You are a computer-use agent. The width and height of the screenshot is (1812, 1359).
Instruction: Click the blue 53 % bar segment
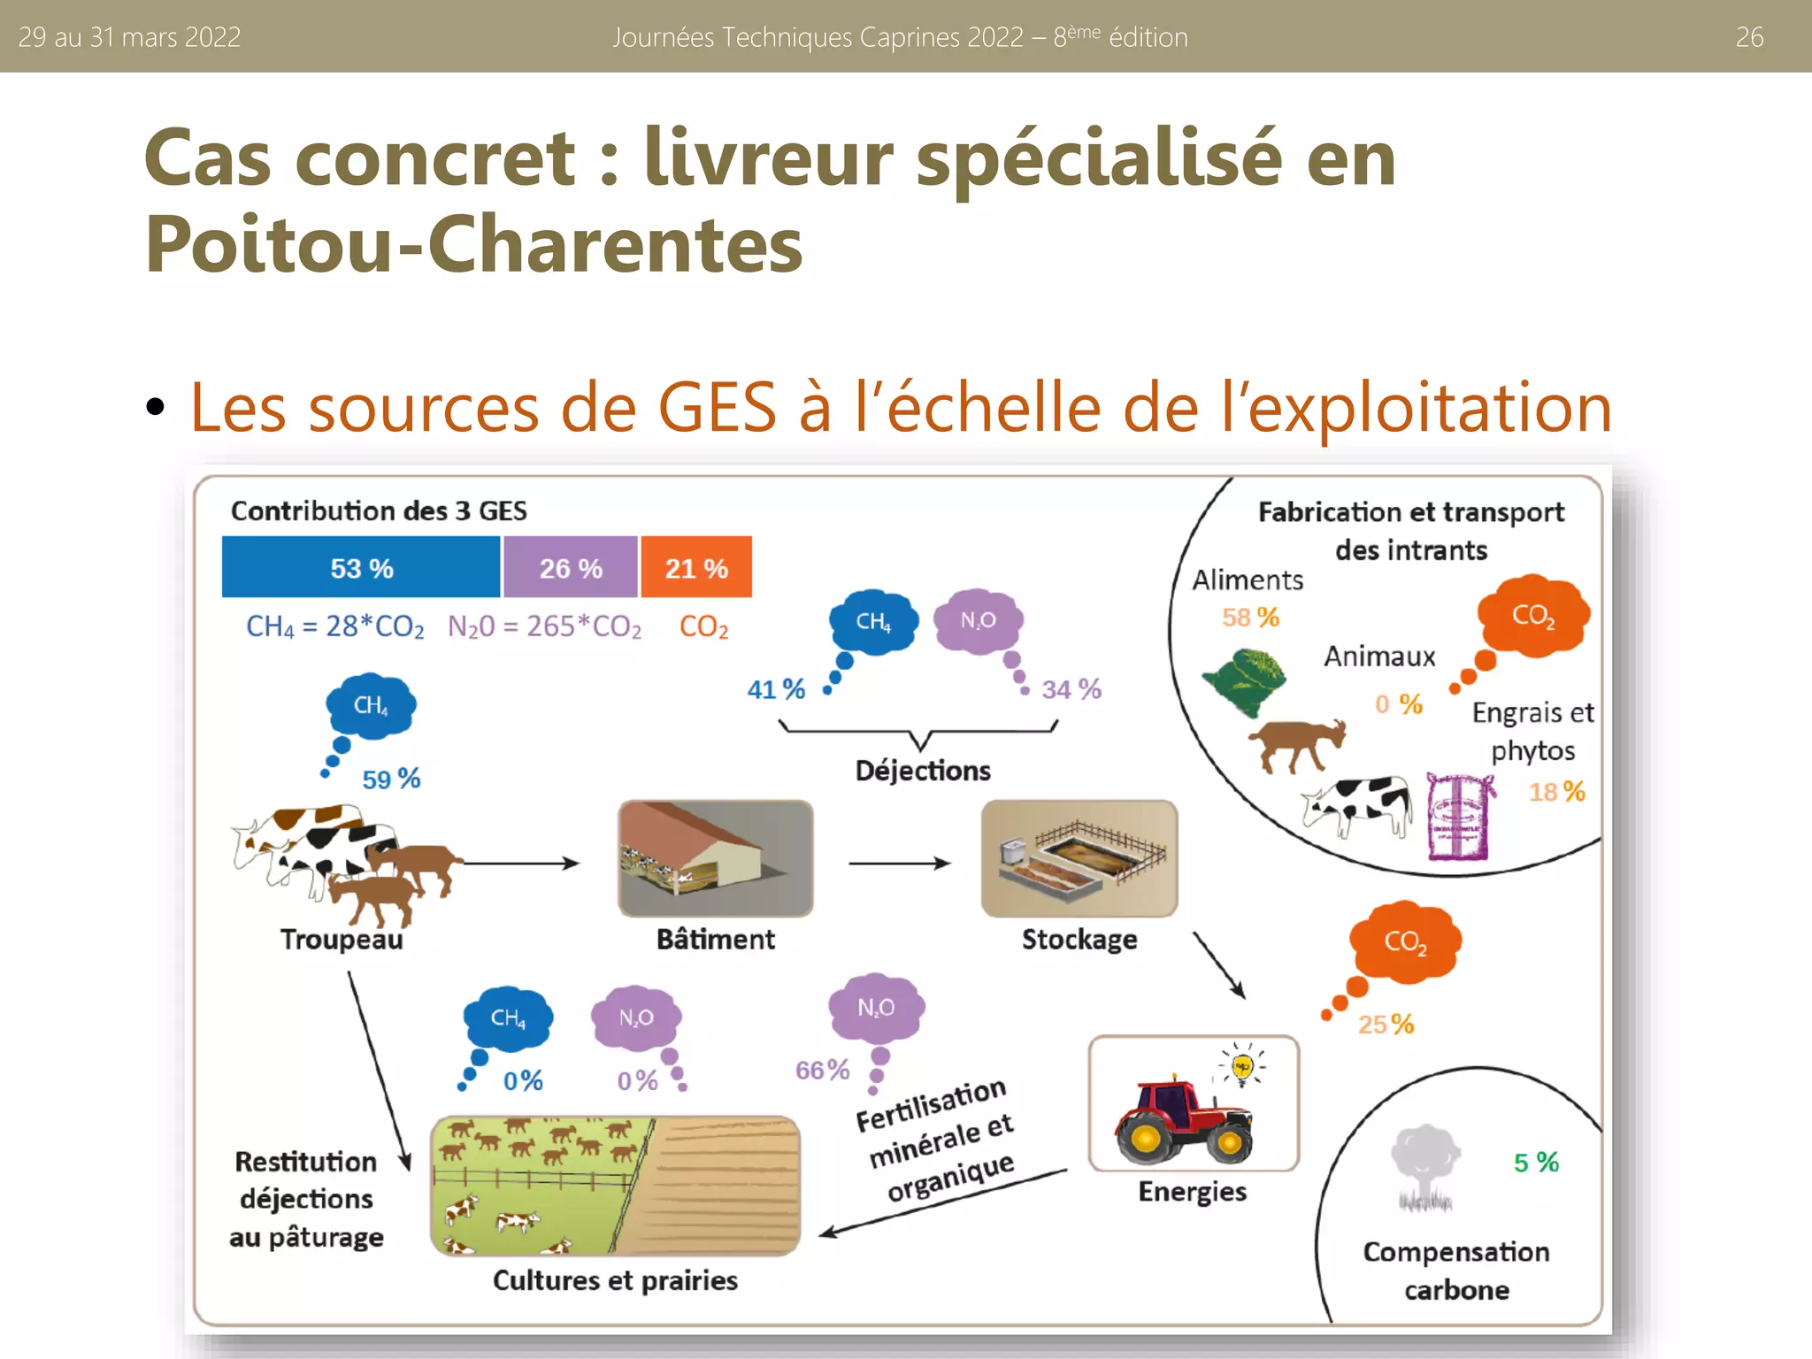361,567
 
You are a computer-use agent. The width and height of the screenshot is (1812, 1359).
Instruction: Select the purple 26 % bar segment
571,567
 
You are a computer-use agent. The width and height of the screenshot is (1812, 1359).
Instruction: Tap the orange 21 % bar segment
696,567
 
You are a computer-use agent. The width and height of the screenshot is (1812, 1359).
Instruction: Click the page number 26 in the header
1749,37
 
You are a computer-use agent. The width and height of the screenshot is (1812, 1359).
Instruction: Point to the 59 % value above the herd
391,779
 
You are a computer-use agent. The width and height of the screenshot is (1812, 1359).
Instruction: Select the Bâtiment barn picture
715,857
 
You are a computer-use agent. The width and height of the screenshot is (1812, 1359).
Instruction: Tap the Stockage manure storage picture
1079,857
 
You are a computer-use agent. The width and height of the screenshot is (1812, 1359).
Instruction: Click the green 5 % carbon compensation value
1536,1162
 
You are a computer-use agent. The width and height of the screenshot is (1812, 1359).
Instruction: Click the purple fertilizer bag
1459,817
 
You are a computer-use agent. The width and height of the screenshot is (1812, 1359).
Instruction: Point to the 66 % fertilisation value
822,1070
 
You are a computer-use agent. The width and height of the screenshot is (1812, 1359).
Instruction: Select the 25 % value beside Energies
1386,1024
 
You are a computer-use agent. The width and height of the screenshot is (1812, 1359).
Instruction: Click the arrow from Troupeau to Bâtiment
522,863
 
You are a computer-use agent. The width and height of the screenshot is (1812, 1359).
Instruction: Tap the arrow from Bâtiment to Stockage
898,863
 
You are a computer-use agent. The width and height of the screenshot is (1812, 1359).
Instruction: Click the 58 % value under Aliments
1250,617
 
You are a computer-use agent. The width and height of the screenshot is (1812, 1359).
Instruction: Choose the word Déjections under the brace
923,771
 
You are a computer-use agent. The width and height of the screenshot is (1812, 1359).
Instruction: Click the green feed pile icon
1244,679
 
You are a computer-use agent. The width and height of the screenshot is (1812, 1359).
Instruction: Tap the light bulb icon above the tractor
1242,1064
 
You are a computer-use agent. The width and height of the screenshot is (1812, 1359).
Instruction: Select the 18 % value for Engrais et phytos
1556,791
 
